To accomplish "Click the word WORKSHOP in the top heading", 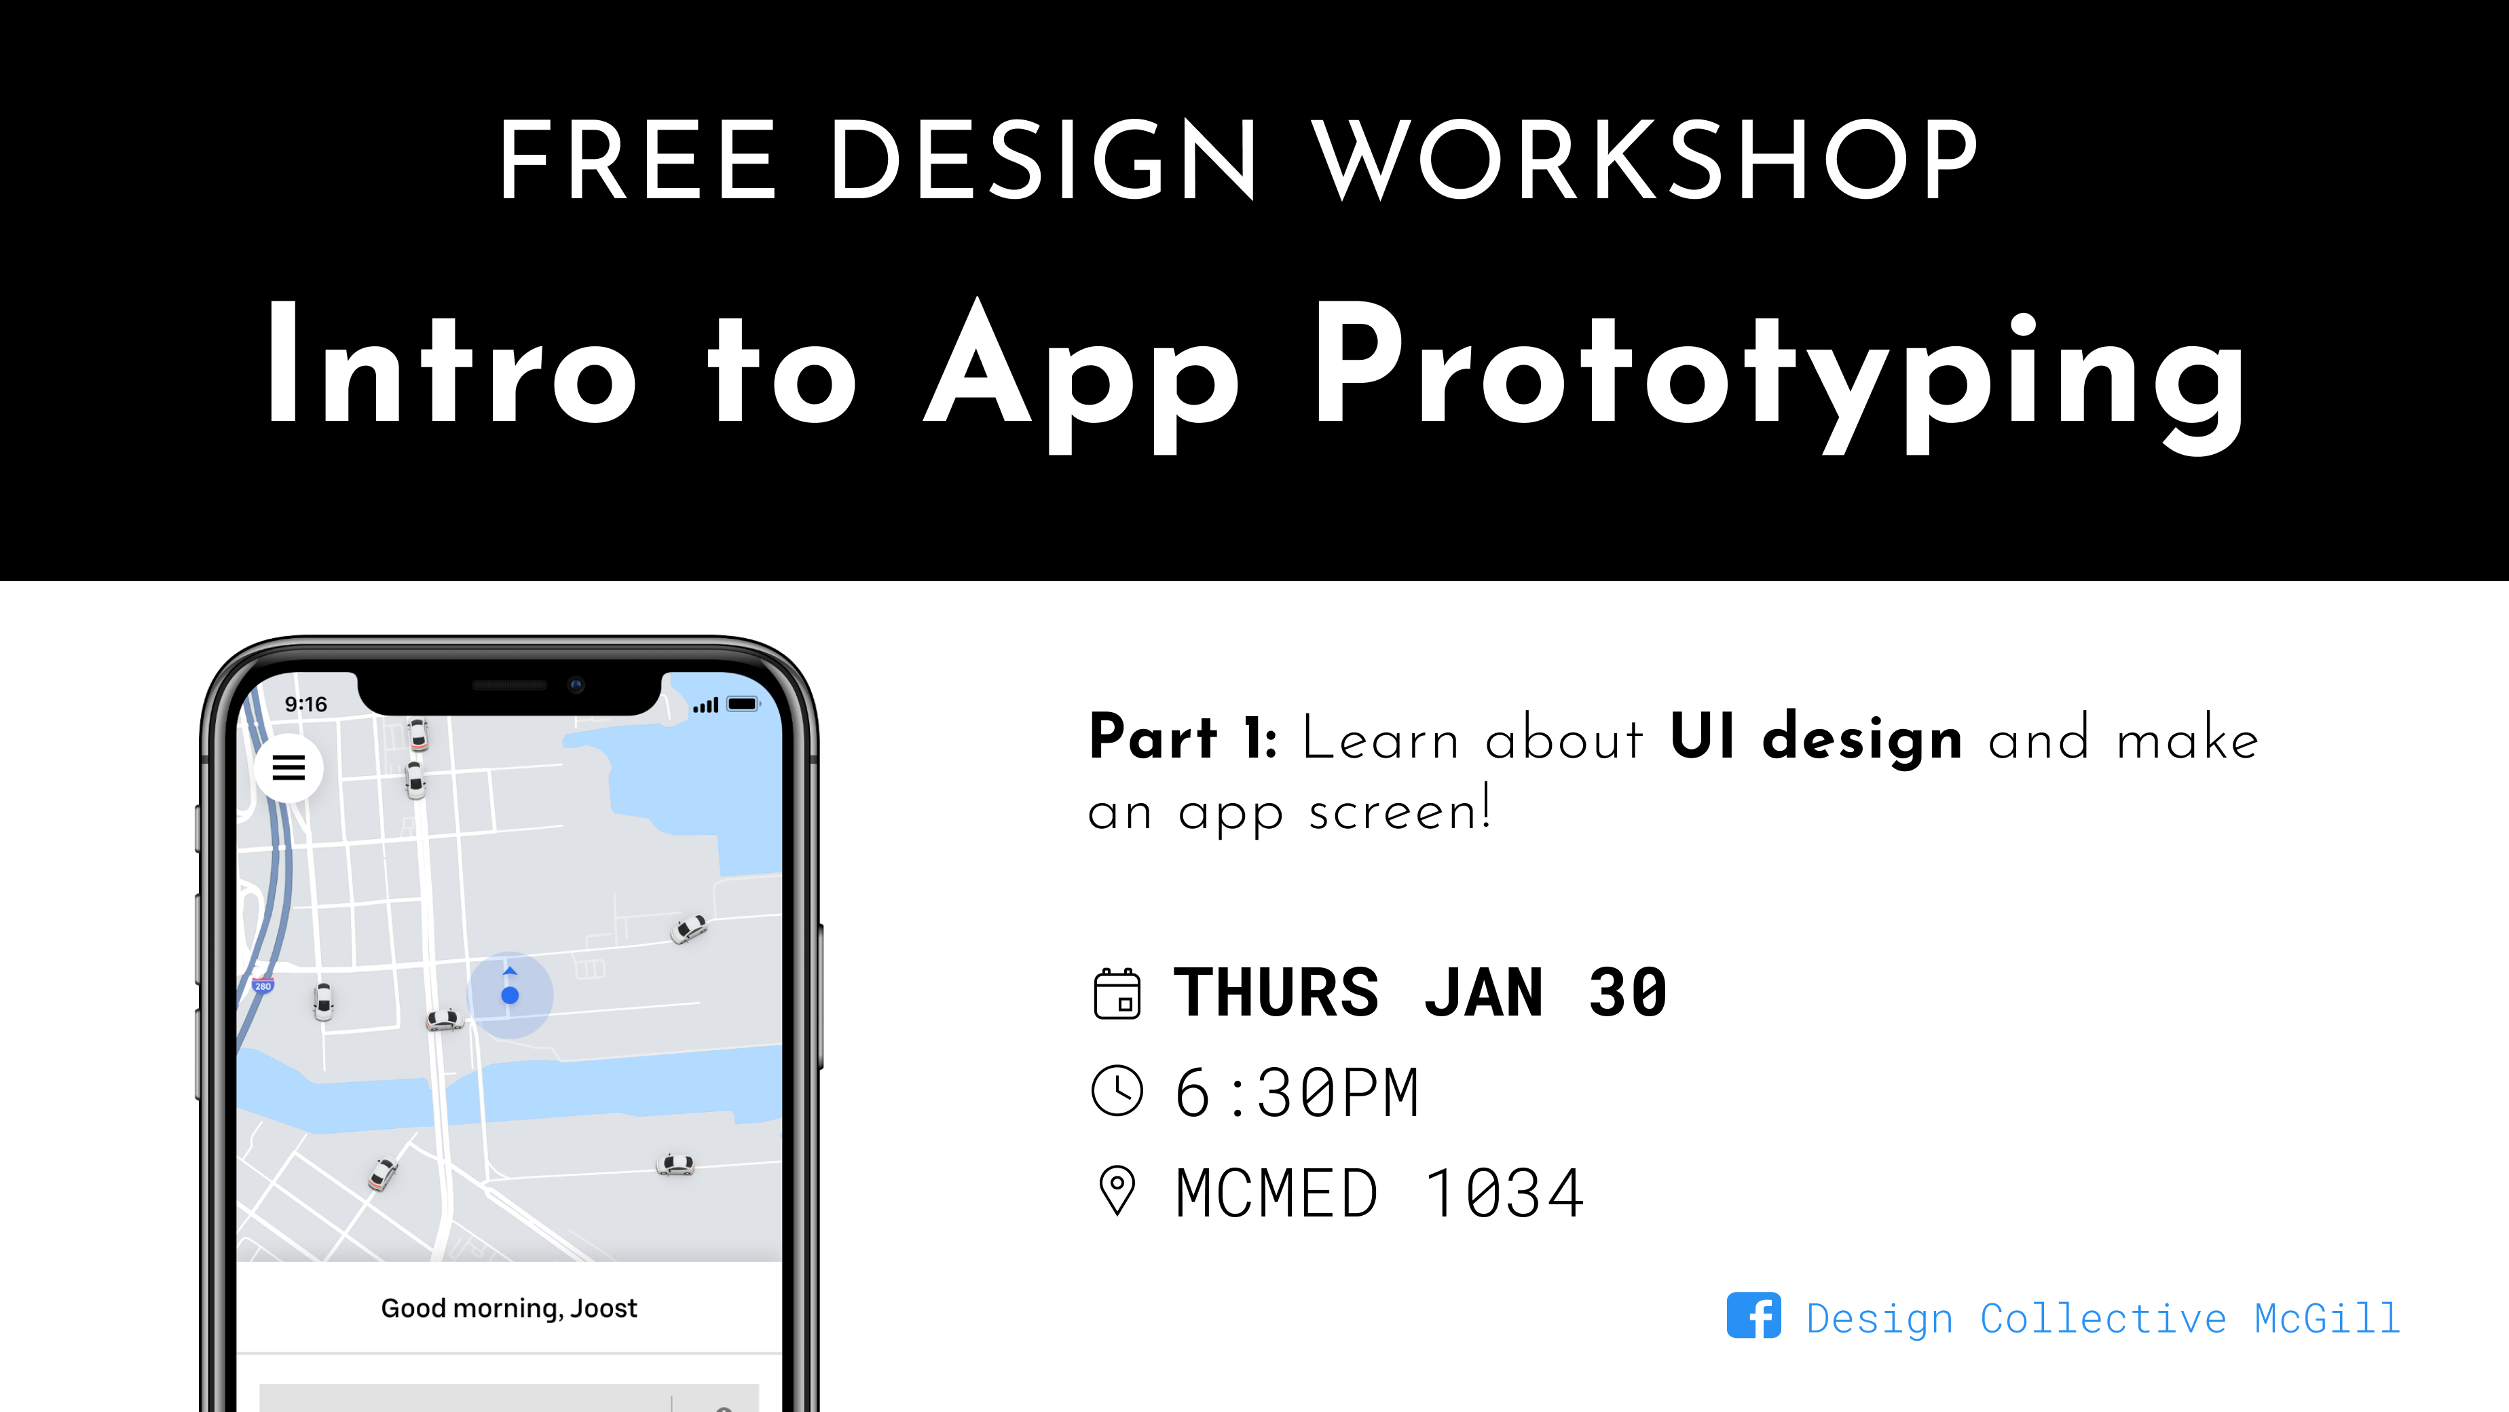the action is (x=1646, y=160).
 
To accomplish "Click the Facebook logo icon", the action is (x=1753, y=1316).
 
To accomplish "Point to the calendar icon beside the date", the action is (x=1117, y=993).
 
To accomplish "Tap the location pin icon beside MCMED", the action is (x=1117, y=1191).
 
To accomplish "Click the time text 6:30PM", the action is (x=1297, y=1092).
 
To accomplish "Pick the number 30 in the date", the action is (x=1628, y=993).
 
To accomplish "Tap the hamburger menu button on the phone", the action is (x=289, y=768).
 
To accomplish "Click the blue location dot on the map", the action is (x=509, y=995).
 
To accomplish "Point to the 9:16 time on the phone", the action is (x=306, y=704).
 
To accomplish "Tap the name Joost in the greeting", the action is (x=604, y=1308).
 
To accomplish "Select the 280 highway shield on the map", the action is (x=263, y=986).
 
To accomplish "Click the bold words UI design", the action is (x=1815, y=737).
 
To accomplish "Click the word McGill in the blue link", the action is (x=2327, y=1318).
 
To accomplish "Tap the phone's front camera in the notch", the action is (x=576, y=686).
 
